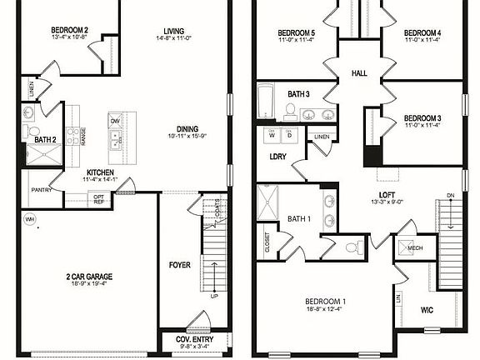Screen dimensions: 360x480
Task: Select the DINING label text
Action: tap(187, 128)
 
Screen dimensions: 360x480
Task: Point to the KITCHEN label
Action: tap(100, 171)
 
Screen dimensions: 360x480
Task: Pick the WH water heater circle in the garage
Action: tap(31, 219)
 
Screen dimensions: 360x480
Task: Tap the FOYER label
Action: tap(179, 265)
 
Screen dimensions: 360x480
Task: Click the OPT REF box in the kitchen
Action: tap(99, 198)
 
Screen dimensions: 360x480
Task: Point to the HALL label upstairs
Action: tap(359, 74)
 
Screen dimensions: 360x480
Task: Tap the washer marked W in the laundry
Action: tap(272, 137)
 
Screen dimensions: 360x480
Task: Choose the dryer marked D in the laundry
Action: tap(289, 137)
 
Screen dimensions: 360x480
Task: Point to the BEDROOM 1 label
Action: tap(326, 301)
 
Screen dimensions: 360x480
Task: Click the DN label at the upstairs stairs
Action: tap(451, 195)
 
